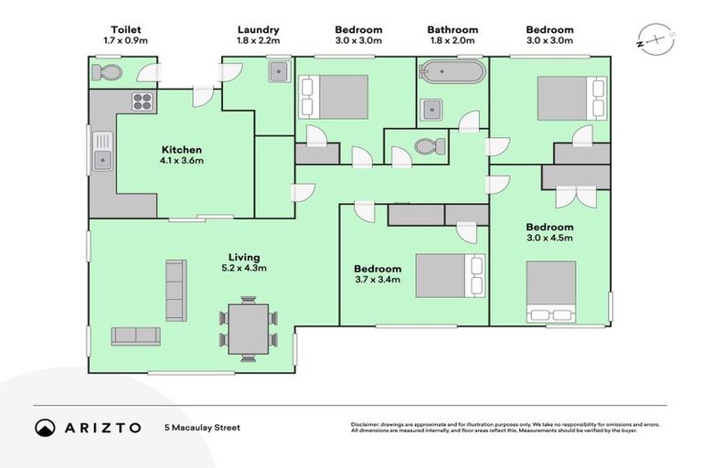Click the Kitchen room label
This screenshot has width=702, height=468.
pyautogui.click(x=181, y=150)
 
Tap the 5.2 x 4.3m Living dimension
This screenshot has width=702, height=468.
pyautogui.click(x=244, y=268)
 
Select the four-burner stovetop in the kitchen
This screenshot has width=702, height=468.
pyautogui.click(x=143, y=101)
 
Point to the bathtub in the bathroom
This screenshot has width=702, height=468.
pyautogui.click(x=452, y=71)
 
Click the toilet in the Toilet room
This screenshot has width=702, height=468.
pyautogui.click(x=107, y=72)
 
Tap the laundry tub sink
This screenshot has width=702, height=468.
pyautogui.click(x=280, y=71)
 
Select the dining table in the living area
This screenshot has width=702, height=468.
pyautogui.click(x=249, y=329)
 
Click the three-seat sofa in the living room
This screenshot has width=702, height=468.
pyautogui.click(x=175, y=290)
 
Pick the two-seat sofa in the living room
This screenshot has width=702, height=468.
pyautogui.click(x=135, y=336)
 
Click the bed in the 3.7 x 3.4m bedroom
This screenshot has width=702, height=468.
pyautogui.click(x=451, y=276)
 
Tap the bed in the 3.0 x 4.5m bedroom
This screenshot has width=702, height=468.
pyautogui.click(x=551, y=292)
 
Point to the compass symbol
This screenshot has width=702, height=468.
pyautogui.click(x=656, y=39)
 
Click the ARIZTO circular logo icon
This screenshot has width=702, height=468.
pyautogui.click(x=45, y=428)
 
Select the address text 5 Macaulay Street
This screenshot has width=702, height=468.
pyautogui.click(x=202, y=428)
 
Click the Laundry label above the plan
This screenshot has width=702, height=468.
pyautogui.click(x=259, y=30)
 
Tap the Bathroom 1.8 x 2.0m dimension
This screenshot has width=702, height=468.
pyautogui.click(x=452, y=41)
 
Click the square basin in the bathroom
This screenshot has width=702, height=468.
pyautogui.click(x=431, y=110)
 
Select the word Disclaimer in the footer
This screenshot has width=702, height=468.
pyautogui.click(x=365, y=424)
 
